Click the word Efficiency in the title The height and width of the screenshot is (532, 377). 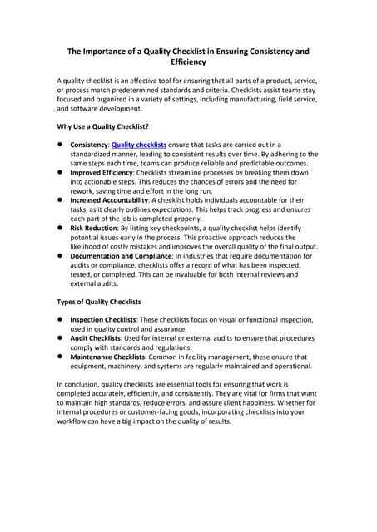click(x=188, y=62)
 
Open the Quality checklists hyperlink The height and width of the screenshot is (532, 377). click(x=138, y=145)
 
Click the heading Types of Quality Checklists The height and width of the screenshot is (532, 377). click(x=98, y=301)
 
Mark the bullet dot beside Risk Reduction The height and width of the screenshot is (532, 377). click(x=61, y=226)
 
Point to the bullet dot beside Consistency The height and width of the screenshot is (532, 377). click(x=61, y=145)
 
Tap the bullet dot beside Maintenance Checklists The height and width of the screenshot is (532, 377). click(x=61, y=357)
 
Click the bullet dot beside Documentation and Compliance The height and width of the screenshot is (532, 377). click(x=61, y=256)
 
